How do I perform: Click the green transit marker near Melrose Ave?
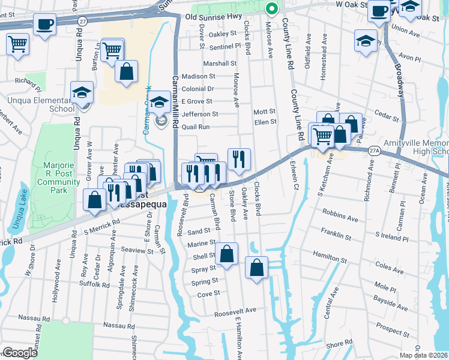coord(271,8)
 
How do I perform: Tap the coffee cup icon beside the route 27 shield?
coord(45,25)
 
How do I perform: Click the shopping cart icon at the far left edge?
coord(18,43)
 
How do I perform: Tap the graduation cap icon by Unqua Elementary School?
coord(82,92)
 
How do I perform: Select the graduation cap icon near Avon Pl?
coord(366,41)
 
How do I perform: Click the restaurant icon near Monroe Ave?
coord(239,158)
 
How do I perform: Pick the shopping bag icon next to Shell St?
coord(226,253)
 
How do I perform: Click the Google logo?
coord(20,353)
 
